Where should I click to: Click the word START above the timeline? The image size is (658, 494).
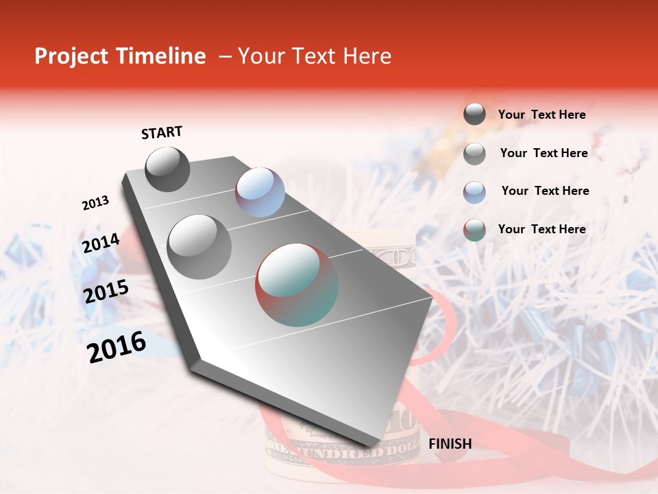pyautogui.click(x=162, y=132)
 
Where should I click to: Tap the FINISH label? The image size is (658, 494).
pyautogui.click(x=450, y=444)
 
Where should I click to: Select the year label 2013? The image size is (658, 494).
pyautogui.click(x=95, y=203)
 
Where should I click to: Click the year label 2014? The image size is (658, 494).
pyautogui.click(x=101, y=244)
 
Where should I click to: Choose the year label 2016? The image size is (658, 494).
pyautogui.click(x=117, y=347)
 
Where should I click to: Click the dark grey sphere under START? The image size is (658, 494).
pyautogui.click(x=167, y=169)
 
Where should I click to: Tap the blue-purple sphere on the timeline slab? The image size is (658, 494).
pyautogui.click(x=260, y=192)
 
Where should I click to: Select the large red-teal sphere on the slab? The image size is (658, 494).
pyautogui.click(x=297, y=285)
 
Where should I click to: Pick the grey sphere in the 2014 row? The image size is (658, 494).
pyautogui.click(x=199, y=246)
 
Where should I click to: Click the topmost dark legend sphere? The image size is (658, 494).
pyautogui.click(x=474, y=115)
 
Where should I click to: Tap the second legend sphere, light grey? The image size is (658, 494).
pyautogui.click(x=474, y=154)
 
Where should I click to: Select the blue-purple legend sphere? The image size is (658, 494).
pyautogui.click(x=474, y=191)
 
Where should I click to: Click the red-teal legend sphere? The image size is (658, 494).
pyautogui.click(x=474, y=230)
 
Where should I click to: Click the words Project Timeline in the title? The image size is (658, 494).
pyautogui.click(x=120, y=56)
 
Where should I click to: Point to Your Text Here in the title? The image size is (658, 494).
pyautogui.click(x=314, y=56)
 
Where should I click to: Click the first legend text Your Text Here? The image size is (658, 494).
pyautogui.click(x=541, y=115)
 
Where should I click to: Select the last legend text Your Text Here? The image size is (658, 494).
pyautogui.click(x=541, y=229)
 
